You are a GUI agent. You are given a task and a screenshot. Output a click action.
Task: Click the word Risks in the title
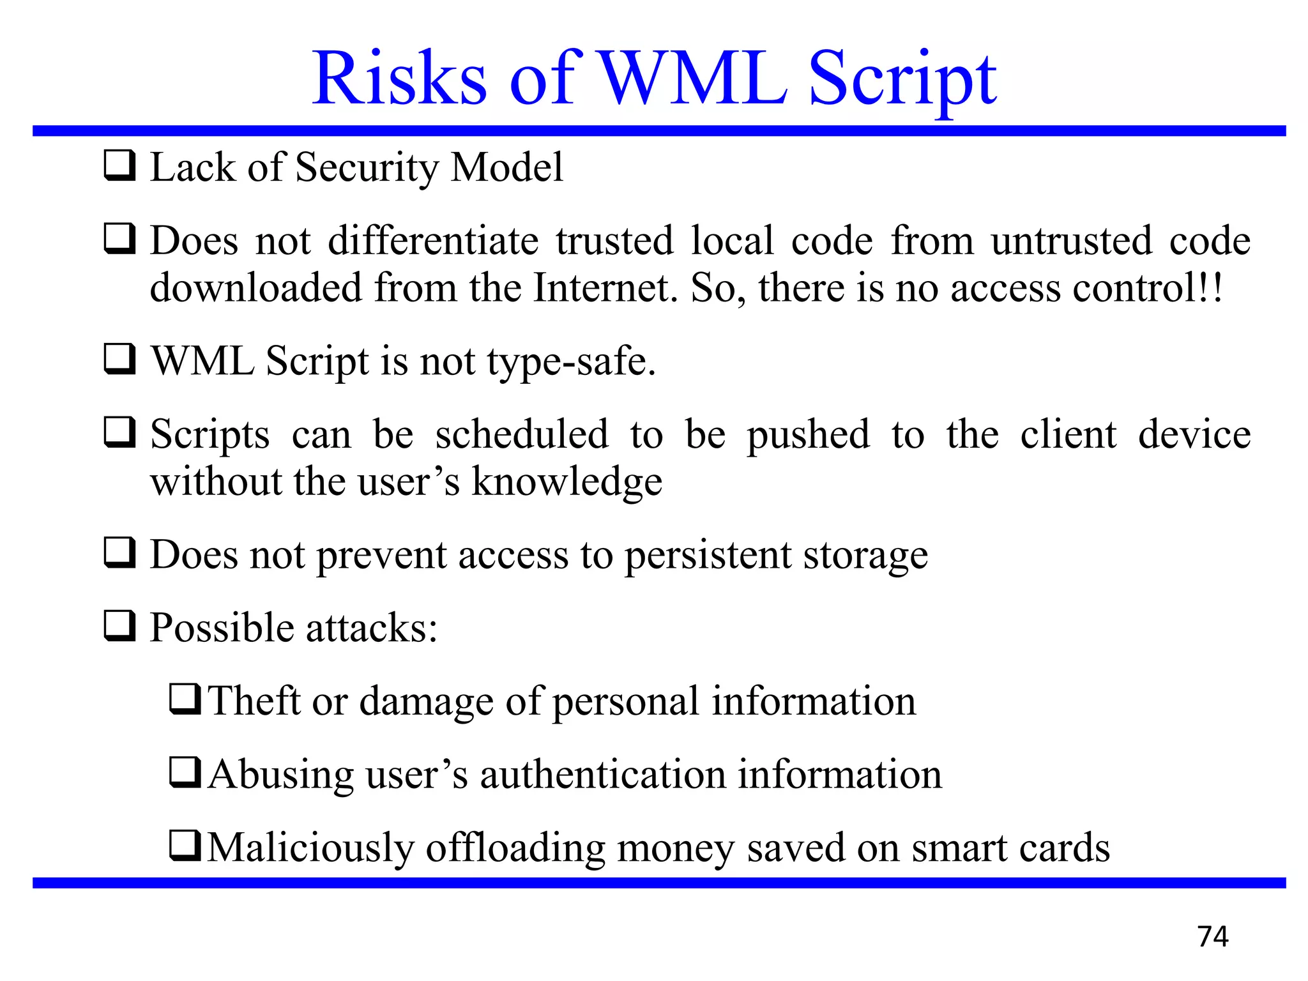pyautogui.click(x=399, y=79)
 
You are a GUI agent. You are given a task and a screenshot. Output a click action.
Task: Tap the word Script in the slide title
pyautogui.click(x=902, y=80)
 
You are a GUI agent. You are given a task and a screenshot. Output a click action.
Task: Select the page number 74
pyautogui.click(x=1212, y=936)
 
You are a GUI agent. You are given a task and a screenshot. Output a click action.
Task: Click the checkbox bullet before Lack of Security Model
pyautogui.click(x=119, y=165)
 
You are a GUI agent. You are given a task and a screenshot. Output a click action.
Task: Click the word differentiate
pyautogui.click(x=433, y=241)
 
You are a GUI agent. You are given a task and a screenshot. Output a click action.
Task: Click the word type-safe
pyautogui.click(x=571, y=362)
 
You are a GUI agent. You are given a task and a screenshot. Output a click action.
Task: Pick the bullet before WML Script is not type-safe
pyautogui.click(x=119, y=359)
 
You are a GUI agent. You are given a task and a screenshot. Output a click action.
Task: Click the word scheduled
pyautogui.click(x=521, y=434)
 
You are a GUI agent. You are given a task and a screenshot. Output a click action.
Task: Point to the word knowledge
pyautogui.click(x=567, y=482)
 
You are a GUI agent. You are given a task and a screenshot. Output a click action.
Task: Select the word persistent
pyautogui.click(x=707, y=556)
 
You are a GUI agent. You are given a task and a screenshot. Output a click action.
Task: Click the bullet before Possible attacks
pyautogui.click(x=119, y=625)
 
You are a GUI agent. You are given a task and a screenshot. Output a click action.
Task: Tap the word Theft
pyautogui.click(x=254, y=701)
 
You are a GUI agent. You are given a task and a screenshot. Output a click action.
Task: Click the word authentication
pyautogui.click(x=602, y=775)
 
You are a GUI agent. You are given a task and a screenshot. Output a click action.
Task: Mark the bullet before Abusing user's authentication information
pyautogui.click(x=185, y=772)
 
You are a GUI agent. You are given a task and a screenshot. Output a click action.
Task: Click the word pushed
pyautogui.click(x=808, y=436)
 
